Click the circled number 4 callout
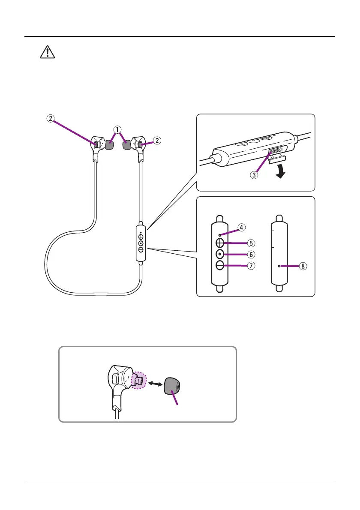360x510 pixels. [242, 228]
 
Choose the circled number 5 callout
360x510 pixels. [251, 243]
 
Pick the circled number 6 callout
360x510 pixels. [251, 254]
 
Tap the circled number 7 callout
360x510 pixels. [251, 266]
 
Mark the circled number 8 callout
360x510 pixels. [303, 266]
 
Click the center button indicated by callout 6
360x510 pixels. [219, 254]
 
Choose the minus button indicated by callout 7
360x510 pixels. [219, 266]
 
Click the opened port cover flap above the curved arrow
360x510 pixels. [274, 160]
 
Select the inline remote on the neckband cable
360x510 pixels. [141, 243]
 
